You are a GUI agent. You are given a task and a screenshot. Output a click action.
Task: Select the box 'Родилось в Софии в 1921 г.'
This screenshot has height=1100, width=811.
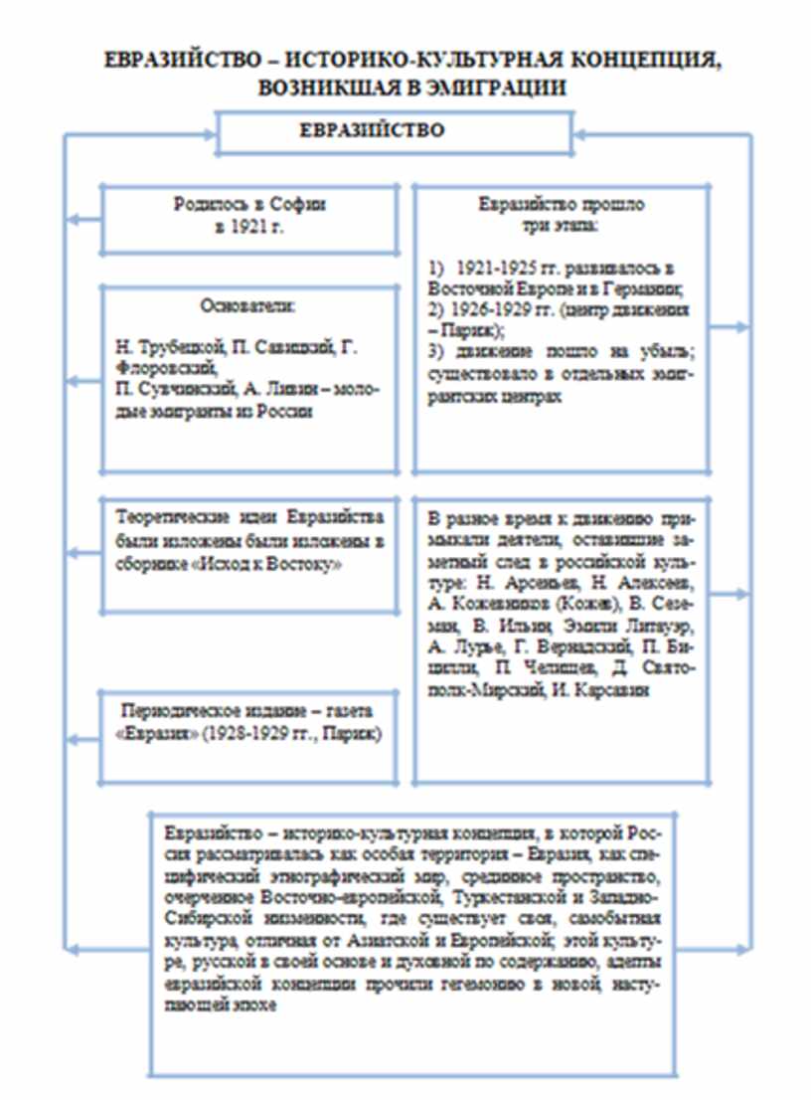(x=247, y=217)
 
